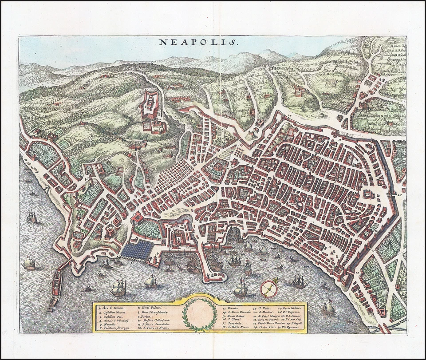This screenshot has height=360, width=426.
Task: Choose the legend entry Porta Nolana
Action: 291,308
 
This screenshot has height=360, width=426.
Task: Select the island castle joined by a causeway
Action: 57,284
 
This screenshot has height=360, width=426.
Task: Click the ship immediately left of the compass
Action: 241,289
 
